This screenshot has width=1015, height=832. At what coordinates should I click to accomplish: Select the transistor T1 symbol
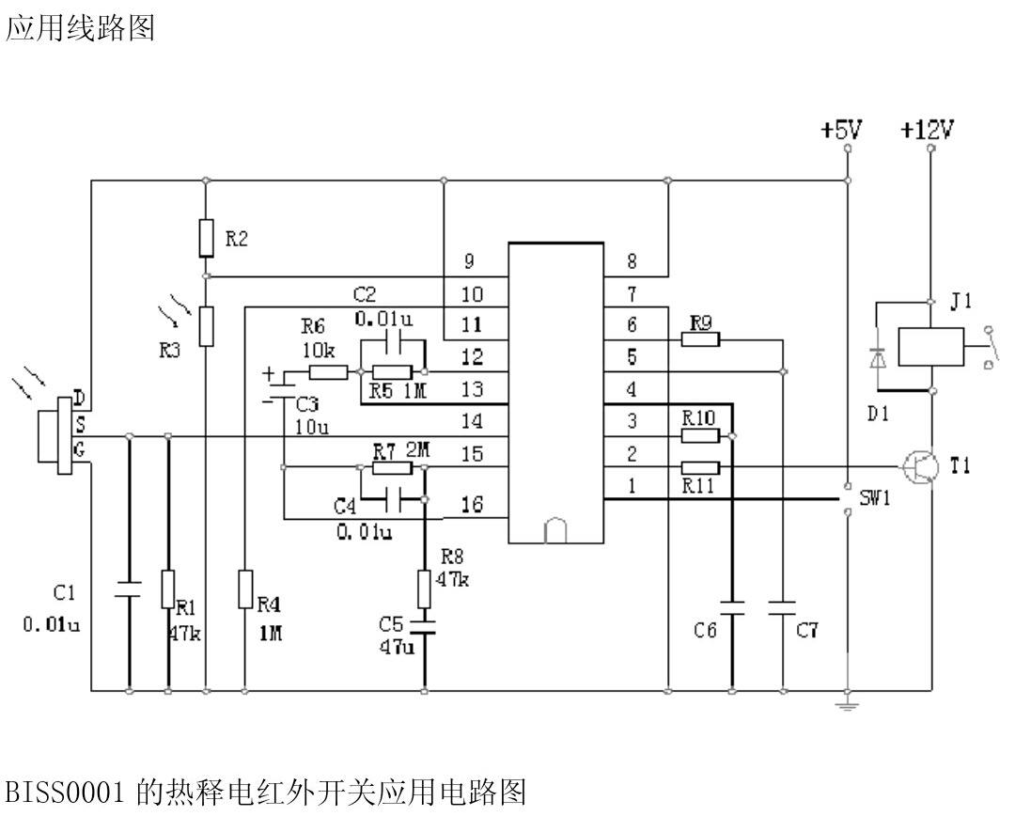pyautogui.click(x=918, y=466)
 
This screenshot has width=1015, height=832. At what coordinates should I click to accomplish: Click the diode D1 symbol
pyautogui.click(x=879, y=358)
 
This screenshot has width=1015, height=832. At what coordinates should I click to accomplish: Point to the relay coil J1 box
pyautogui.click(x=930, y=346)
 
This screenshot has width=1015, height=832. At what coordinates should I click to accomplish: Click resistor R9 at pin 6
pyautogui.click(x=700, y=339)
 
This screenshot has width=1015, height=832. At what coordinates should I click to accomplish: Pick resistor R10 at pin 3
pyautogui.click(x=700, y=435)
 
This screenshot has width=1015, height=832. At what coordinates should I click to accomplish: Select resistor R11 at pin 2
pyautogui.click(x=700, y=467)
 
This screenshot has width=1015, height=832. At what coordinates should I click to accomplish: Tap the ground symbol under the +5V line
pyautogui.click(x=848, y=702)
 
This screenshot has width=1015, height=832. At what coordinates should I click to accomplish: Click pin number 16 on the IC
pyautogui.click(x=473, y=505)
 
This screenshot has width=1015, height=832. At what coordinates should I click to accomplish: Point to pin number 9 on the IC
pyautogui.click(x=469, y=260)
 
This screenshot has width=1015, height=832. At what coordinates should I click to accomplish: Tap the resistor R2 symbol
pyautogui.click(x=206, y=238)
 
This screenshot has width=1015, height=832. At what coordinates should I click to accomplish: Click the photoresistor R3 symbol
pyautogui.click(x=206, y=324)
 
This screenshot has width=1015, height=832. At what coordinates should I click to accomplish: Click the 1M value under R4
pyautogui.click(x=271, y=635)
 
